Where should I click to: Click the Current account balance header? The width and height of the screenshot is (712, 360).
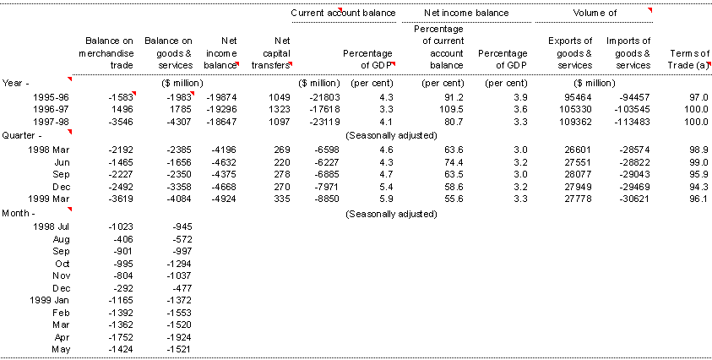pos(340,14)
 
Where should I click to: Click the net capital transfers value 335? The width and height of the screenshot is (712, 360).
pos(283,199)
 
